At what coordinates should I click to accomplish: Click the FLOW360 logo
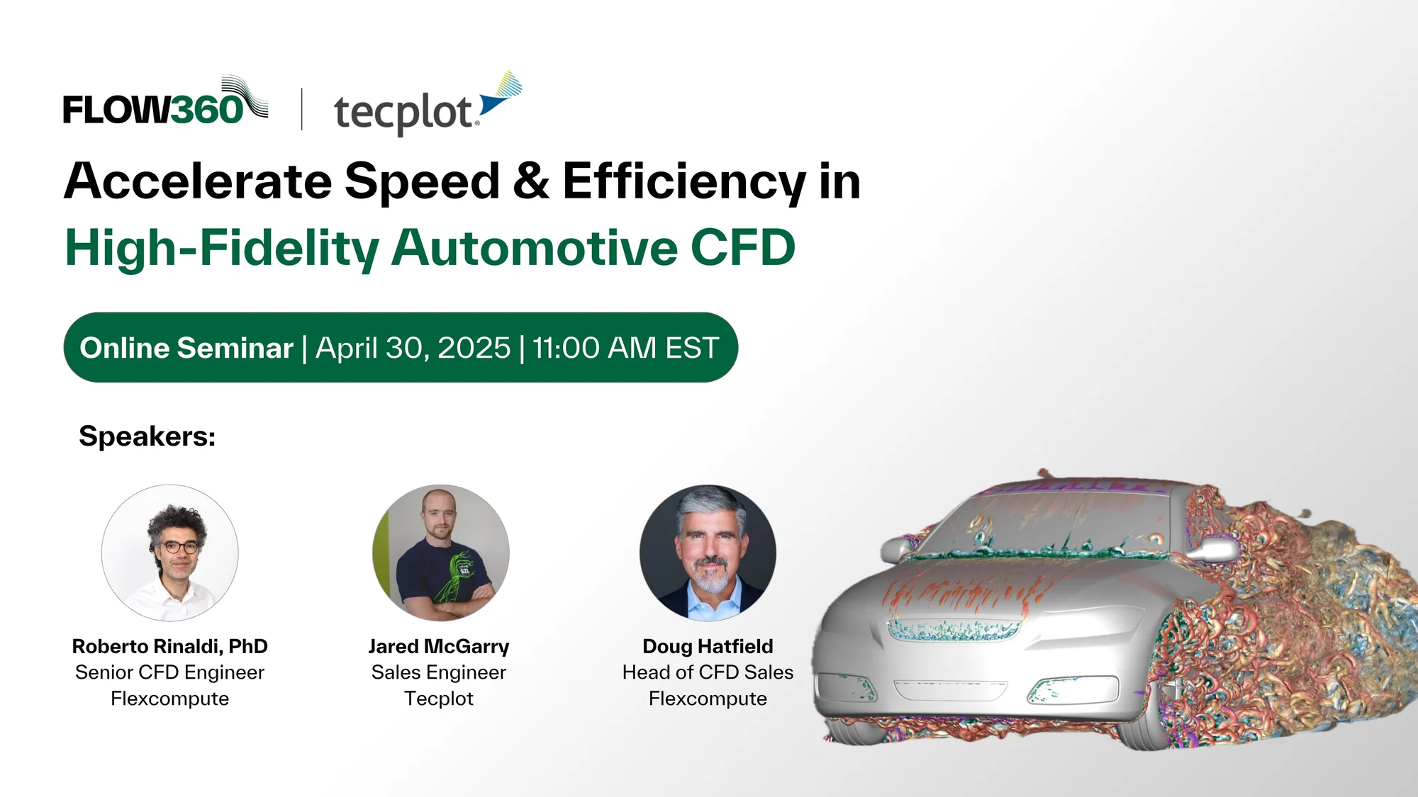click(165, 101)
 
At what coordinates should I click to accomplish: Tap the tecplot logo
click(428, 104)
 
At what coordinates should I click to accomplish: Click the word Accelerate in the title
click(198, 181)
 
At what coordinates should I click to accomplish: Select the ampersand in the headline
click(532, 181)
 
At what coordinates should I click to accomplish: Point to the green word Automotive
click(535, 248)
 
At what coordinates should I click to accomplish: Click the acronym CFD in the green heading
click(742, 248)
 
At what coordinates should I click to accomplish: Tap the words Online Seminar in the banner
click(186, 348)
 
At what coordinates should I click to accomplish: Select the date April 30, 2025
click(413, 348)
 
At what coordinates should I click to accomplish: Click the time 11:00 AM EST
click(625, 348)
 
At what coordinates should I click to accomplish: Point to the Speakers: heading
click(147, 436)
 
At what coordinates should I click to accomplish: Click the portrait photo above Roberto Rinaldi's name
click(170, 553)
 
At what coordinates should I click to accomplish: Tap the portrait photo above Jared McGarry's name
click(440, 553)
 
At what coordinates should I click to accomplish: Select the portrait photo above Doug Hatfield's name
click(708, 553)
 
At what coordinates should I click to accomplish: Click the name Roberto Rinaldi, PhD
click(170, 646)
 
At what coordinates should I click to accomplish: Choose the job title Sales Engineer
click(439, 672)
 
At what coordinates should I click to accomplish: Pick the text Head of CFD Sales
click(708, 672)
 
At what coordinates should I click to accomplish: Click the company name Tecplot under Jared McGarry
click(439, 699)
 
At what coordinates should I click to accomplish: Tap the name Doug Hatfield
click(708, 646)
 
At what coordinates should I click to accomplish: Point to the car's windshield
click(1071, 521)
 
